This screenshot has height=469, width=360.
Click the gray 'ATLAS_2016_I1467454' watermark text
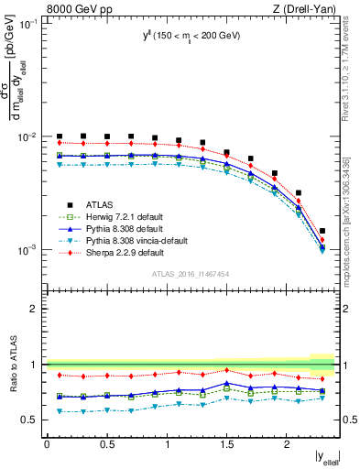tap(191, 274)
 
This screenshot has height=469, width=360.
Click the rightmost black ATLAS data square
tap(322, 231)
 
